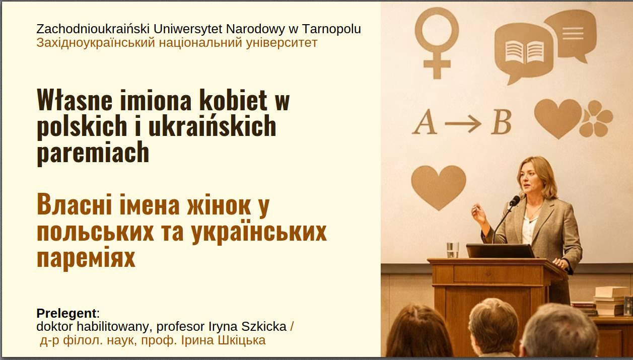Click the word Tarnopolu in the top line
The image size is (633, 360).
pyautogui.click(x=331, y=29)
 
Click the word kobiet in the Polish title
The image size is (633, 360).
pyautogui.click(x=233, y=100)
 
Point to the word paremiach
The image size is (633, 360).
pyautogui.click(x=93, y=153)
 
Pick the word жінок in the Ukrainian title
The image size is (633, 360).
pyautogui.click(x=219, y=205)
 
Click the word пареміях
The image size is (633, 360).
pyautogui.click(x=86, y=258)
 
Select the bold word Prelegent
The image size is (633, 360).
pyautogui.click(x=66, y=313)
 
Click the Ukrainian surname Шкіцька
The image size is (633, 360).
pyautogui.click(x=242, y=340)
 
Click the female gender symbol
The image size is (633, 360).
pyautogui.click(x=437, y=43)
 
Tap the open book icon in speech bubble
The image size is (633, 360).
pyautogui.click(x=525, y=52)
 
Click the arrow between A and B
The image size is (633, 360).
pyautogui.click(x=463, y=123)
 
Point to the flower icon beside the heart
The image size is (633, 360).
pyautogui.click(x=596, y=118)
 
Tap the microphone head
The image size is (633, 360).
pyautogui.click(x=515, y=200)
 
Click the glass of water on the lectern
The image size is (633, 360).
pyautogui.click(x=453, y=250)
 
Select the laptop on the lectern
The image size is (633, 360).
pyautogui.click(x=500, y=251)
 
